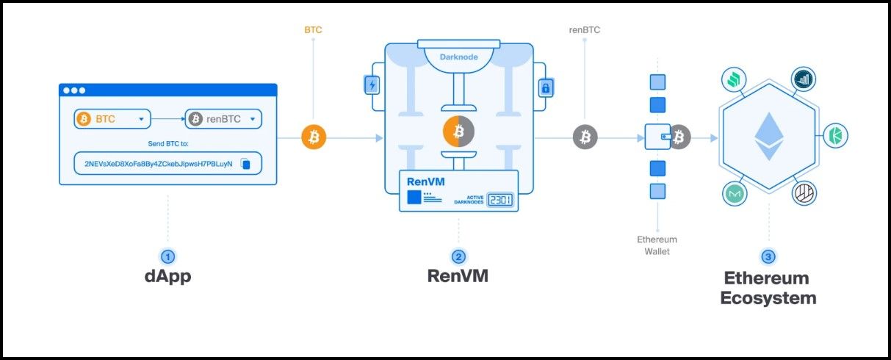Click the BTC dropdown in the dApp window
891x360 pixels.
(x=112, y=119)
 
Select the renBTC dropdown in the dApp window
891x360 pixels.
(x=223, y=119)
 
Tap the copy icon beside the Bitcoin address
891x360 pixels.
(x=246, y=164)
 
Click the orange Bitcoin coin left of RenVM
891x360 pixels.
(x=314, y=137)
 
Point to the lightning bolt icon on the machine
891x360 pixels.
(x=372, y=85)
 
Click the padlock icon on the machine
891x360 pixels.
(x=545, y=88)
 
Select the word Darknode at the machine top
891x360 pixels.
(x=458, y=56)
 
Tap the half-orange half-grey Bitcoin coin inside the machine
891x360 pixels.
(x=458, y=132)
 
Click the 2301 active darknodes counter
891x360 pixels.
(x=500, y=199)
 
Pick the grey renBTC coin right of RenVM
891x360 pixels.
(x=585, y=137)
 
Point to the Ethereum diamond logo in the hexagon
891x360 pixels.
(x=769, y=137)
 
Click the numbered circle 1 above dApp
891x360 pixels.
(x=168, y=256)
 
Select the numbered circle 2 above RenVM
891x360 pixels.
(x=458, y=256)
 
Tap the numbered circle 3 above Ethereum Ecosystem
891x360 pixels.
(x=768, y=256)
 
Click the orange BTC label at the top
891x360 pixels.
(x=313, y=30)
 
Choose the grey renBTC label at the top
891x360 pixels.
(x=585, y=30)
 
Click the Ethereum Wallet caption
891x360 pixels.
(x=657, y=245)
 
